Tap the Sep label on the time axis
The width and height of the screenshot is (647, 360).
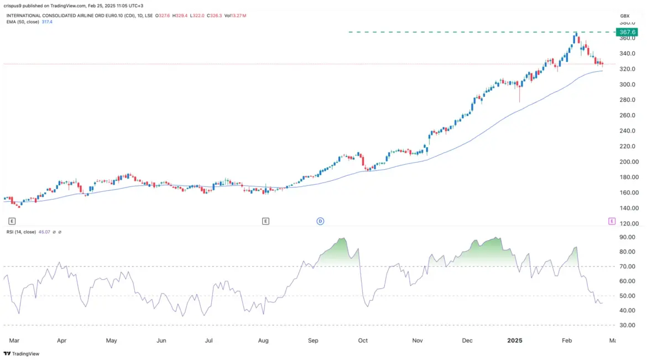(x=314, y=341)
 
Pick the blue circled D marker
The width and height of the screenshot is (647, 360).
(x=320, y=221)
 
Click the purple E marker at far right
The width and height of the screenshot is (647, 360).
(x=612, y=221)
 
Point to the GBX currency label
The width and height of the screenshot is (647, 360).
(x=625, y=15)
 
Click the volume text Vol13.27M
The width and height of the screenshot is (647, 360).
(x=234, y=15)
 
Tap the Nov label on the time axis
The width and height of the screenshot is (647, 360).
(x=418, y=341)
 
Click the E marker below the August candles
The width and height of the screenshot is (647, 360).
(x=265, y=221)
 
